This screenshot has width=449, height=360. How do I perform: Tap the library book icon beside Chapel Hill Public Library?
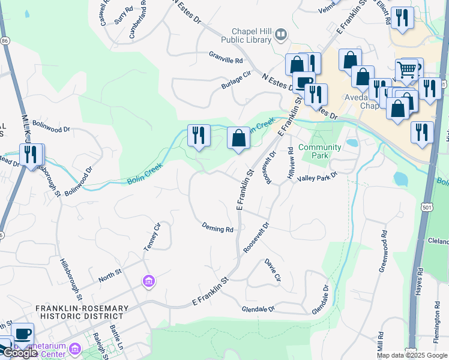[x=280, y=35]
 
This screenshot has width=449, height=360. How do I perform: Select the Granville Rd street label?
[x=226, y=61]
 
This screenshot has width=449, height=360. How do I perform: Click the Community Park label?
[x=319, y=151]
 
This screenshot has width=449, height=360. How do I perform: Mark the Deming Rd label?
[x=217, y=229]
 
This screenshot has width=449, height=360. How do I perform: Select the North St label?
[x=110, y=275]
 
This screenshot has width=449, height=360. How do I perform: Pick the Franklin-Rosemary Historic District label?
[x=82, y=313]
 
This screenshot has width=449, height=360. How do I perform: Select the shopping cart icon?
[x=408, y=70]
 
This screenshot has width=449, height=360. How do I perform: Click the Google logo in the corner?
[x=20, y=353]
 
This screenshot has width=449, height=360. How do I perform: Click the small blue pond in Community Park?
[x=352, y=143]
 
